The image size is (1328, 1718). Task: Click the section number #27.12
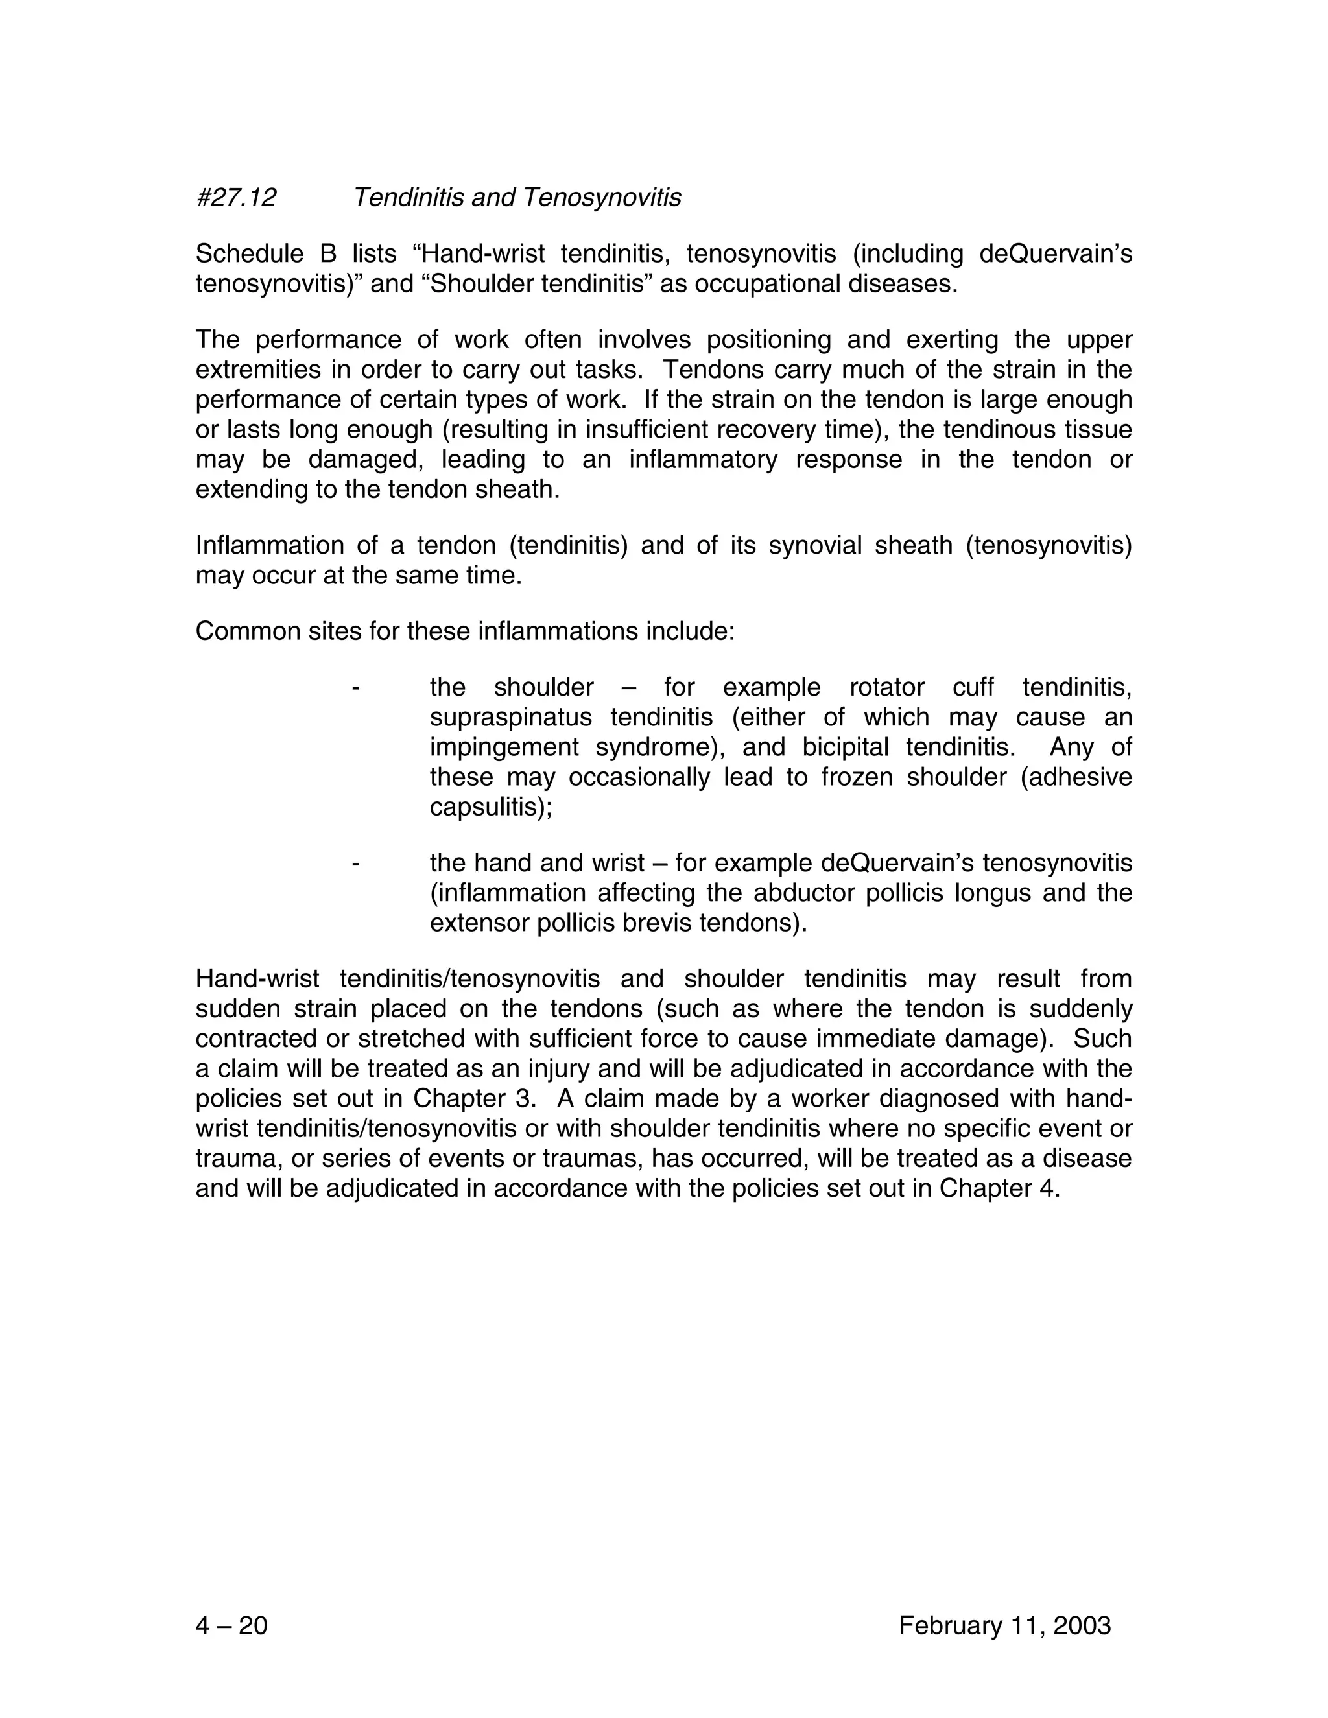pos(236,198)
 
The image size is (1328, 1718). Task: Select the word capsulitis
pos(490,807)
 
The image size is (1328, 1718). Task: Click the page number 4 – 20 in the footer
pos(231,1625)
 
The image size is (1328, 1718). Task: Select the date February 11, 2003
pos(1004,1625)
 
